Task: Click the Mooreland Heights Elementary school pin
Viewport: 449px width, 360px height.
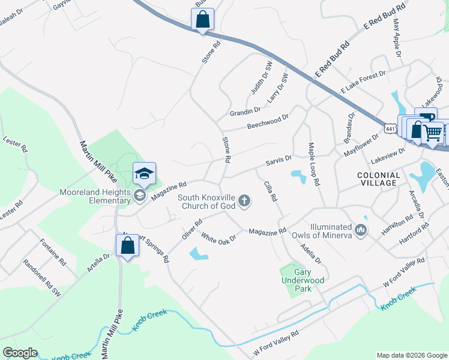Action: click(144, 173)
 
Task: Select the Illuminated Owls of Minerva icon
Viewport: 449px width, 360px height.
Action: click(361, 230)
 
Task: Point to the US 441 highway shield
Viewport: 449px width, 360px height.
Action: click(390, 128)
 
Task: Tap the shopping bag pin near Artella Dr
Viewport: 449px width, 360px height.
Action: click(127, 246)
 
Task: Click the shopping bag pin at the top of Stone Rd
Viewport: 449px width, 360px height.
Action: click(202, 19)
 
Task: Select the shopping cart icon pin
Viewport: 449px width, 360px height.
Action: click(432, 133)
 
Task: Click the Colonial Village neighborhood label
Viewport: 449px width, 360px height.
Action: click(378, 178)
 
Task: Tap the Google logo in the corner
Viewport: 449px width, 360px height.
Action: click(20, 353)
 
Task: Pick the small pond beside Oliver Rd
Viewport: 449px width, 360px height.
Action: click(199, 254)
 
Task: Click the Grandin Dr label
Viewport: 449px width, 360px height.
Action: click(245, 112)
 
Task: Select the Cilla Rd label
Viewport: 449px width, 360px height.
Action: click(271, 191)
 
